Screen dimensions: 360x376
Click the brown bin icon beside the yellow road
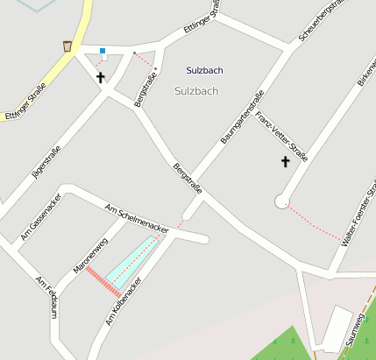coord(67,46)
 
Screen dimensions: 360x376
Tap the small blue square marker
coord(103,51)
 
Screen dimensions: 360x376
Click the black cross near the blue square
coord(101,77)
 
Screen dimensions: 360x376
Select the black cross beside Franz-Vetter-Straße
coord(285,162)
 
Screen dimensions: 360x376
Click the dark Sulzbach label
coord(204,69)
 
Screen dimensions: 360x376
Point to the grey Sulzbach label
coord(196,90)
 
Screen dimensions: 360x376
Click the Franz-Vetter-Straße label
coord(282,135)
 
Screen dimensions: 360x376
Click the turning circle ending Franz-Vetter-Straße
coord(281,201)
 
